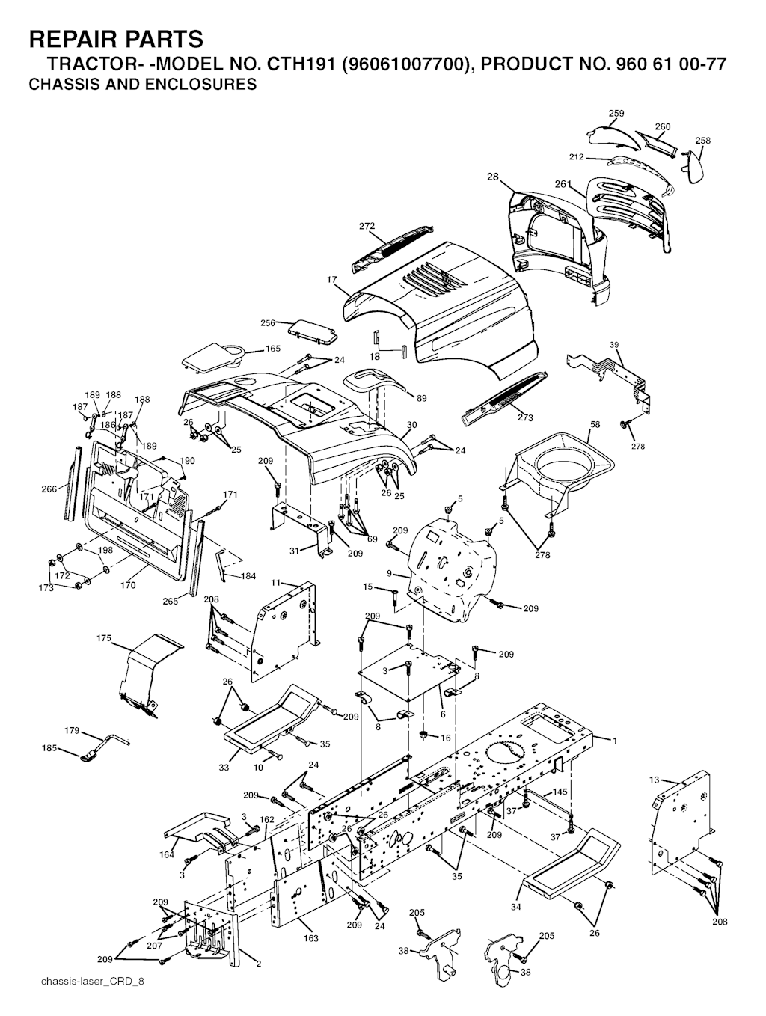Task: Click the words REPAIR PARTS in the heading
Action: pyautogui.click(x=116, y=39)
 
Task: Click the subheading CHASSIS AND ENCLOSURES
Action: pyautogui.click(x=143, y=85)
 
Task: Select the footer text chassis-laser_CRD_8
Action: pyautogui.click(x=93, y=994)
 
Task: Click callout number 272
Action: pyautogui.click(x=367, y=227)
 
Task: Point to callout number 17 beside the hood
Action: pyautogui.click(x=331, y=280)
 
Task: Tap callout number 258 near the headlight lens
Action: pyautogui.click(x=702, y=140)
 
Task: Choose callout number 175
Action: pyautogui.click(x=104, y=638)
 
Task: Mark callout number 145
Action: pyautogui.click(x=560, y=792)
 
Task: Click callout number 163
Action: pyautogui.click(x=311, y=938)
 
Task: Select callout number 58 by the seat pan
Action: pyautogui.click(x=595, y=424)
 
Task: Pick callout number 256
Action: pyautogui.click(x=268, y=322)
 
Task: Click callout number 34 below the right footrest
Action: pyautogui.click(x=515, y=907)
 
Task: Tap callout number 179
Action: pyautogui.click(x=72, y=730)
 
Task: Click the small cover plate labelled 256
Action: pyautogui.click(x=313, y=331)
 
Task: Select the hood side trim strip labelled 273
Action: pyautogui.click(x=503, y=398)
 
